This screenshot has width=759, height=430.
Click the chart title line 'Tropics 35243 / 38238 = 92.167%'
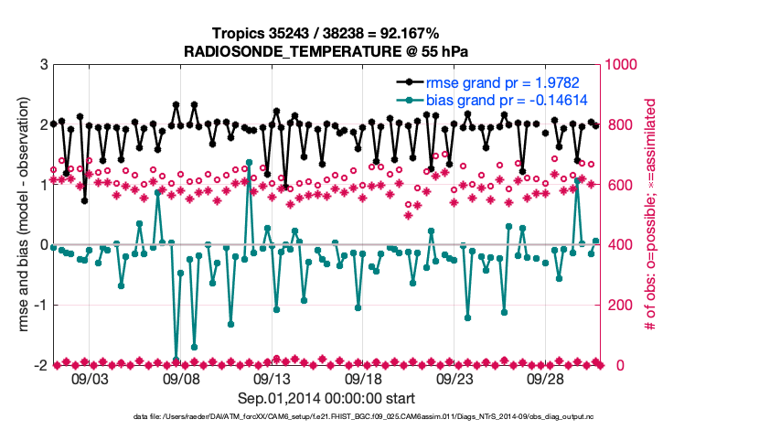pos(326,33)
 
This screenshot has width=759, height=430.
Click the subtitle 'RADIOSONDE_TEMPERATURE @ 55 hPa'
pos(326,50)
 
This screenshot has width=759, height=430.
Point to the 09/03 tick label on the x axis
pos(89,379)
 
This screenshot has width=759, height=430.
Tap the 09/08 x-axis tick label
pos(180,379)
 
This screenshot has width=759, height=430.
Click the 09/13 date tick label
pos(272,379)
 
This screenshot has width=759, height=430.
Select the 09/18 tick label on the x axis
pos(363,379)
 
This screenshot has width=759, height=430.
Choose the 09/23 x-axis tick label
pos(454,379)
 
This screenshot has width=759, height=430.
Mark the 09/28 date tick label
pos(546,379)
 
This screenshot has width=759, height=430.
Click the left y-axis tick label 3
pos(42,65)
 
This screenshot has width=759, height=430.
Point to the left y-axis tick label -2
pos(39,365)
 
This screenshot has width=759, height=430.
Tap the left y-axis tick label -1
pos(39,306)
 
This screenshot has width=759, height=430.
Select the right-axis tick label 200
pos(621,306)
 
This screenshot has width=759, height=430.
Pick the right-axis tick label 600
pos(621,185)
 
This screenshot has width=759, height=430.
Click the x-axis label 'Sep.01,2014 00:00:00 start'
pos(326,398)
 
